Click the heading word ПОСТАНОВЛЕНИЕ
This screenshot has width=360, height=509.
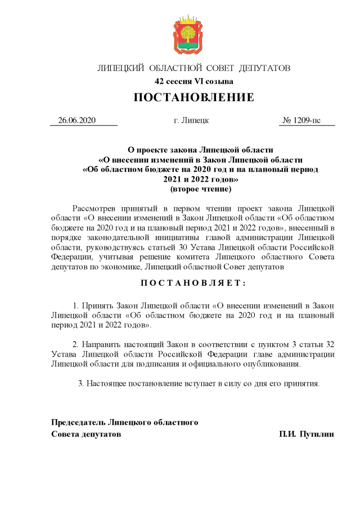(193, 98)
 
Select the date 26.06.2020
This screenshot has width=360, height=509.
(78, 121)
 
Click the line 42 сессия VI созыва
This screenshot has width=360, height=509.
(193, 82)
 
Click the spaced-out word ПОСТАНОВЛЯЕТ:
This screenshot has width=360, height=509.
(193, 282)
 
